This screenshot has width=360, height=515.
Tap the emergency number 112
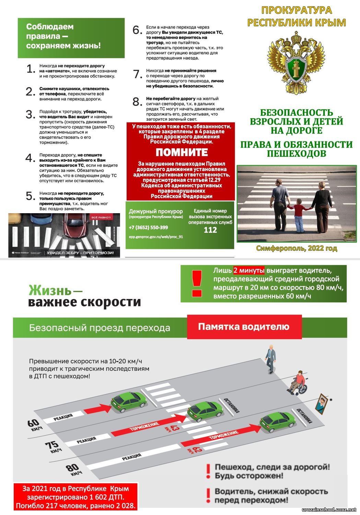click(x=210, y=230)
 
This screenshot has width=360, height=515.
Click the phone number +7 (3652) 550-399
click(x=148, y=227)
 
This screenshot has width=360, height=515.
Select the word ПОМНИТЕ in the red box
click(x=182, y=152)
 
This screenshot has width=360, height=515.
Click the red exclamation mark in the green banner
click(x=197, y=284)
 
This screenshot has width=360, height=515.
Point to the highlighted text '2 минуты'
click(x=249, y=271)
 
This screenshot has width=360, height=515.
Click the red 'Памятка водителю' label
click(x=244, y=327)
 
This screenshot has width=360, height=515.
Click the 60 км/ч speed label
click(x=34, y=425)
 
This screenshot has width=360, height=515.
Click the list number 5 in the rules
click(x=31, y=196)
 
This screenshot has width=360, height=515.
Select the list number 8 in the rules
click(x=137, y=102)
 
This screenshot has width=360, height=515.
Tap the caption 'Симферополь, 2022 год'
click(x=297, y=248)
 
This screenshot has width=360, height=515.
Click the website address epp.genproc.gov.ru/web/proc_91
click(x=156, y=237)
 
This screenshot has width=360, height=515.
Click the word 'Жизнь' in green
click(x=50, y=290)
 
